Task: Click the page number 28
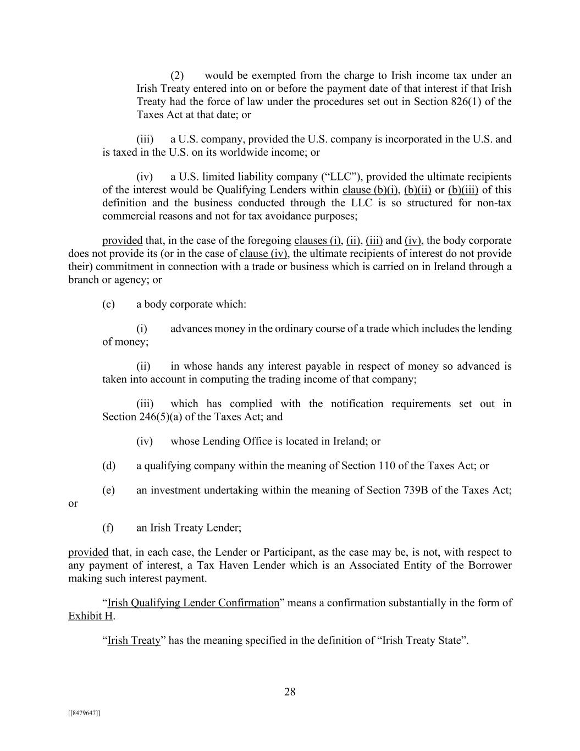click(x=290, y=692)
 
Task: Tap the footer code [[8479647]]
click(x=84, y=713)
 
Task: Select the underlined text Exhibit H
click(x=91, y=616)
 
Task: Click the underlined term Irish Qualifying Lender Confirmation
click(x=194, y=603)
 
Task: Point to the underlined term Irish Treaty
click(x=134, y=640)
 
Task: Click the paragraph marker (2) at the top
click(x=177, y=75)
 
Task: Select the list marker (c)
click(x=108, y=304)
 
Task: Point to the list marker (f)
click(x=108, y=528)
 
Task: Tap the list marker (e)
click(x=108, y=490)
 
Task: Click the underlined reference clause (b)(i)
click(x=370, y=190)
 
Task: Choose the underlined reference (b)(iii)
click(x=463, y=190)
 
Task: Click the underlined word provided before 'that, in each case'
click(x=88, y=552)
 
